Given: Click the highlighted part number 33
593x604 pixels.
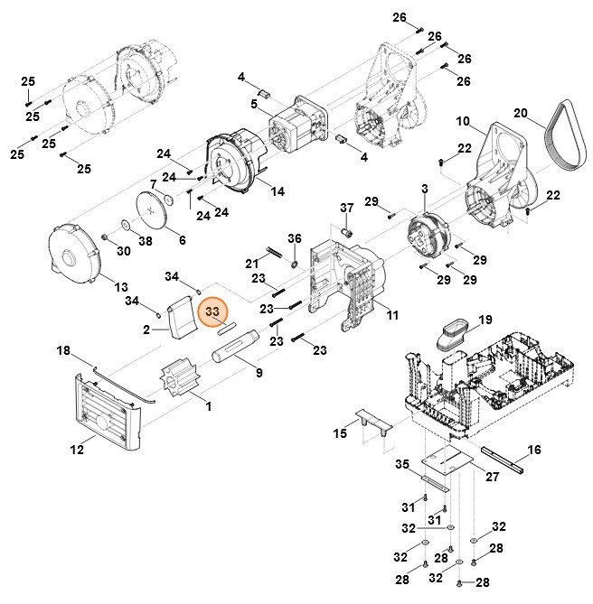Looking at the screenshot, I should [213, 312].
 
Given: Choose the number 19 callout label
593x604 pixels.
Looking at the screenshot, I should [485, 320].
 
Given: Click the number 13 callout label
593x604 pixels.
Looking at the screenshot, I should [120, 287].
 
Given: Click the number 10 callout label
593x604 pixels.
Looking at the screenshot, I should [463, 121].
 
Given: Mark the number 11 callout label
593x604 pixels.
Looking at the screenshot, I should [391, 314].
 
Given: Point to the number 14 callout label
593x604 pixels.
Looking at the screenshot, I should [277, 191].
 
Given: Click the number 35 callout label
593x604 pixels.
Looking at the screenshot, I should [401, 465].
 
